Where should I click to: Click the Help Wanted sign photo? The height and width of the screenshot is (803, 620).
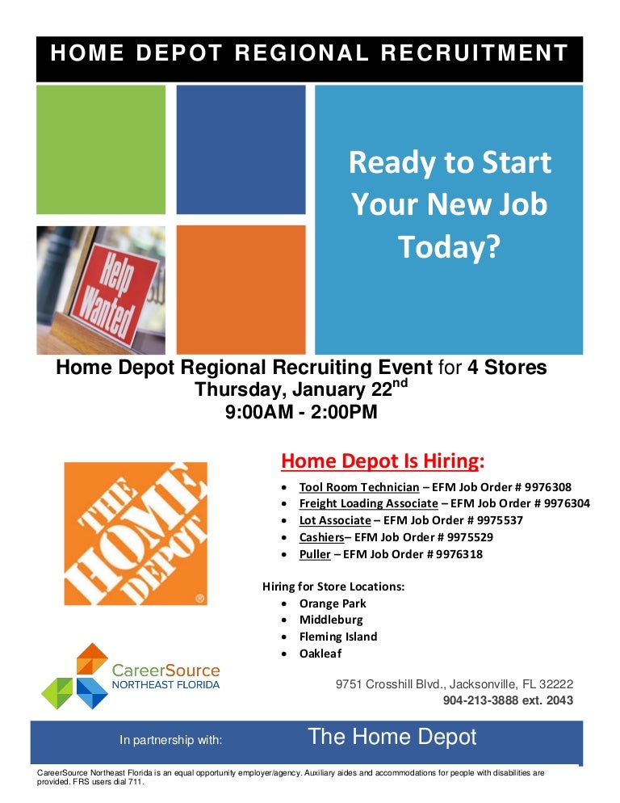tap(100, 290)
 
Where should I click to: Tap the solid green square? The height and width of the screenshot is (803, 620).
tap(100, 149)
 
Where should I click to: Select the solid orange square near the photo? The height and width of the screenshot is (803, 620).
tap(241, 289)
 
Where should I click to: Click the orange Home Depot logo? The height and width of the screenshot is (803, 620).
tap(135, 533)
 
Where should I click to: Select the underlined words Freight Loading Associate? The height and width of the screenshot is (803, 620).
tap(368, 503)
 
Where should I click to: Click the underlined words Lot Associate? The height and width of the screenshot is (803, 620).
tap(335, 520)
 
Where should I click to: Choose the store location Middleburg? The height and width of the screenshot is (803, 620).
tap(331, 620)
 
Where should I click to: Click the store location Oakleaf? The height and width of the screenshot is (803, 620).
tap(320, 654)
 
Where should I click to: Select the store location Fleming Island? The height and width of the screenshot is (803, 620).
tap(338, 637)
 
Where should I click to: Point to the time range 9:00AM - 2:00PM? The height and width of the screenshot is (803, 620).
tap(301, 412)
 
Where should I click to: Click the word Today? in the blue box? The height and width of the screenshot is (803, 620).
tap(449, 248)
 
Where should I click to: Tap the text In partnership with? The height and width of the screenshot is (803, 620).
tap(170, 739)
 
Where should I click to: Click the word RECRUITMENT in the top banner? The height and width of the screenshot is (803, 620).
tap(476, 54)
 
